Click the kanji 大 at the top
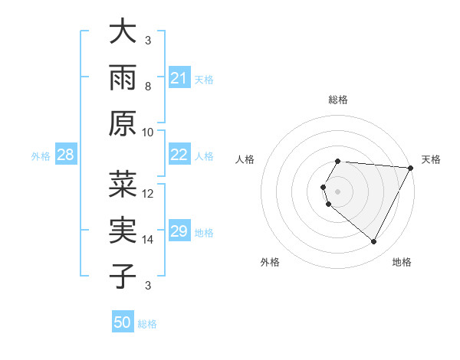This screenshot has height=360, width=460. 123,32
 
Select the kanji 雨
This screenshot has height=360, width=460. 123,77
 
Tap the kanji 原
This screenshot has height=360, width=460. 123,123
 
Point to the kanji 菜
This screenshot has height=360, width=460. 123,185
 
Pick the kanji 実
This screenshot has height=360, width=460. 123,231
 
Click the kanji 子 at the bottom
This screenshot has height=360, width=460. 123,276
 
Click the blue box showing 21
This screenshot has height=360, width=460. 179,77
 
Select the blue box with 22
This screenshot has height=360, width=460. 179,155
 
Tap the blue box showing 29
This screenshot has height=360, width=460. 179,231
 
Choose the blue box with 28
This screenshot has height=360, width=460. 66,155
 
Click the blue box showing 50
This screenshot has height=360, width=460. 123,322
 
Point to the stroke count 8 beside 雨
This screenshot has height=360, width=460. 148,87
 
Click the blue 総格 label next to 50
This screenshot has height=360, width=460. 148,324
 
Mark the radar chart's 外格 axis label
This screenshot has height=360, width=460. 270,263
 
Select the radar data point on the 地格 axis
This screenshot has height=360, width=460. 374,242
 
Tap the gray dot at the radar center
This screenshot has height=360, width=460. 338,191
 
